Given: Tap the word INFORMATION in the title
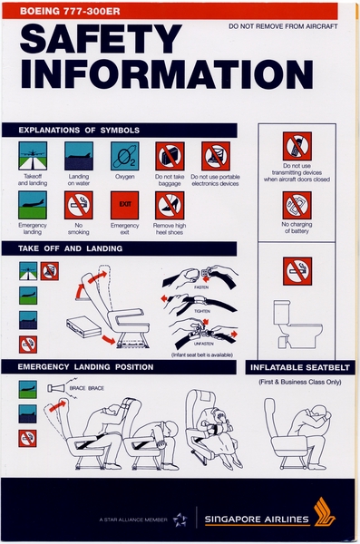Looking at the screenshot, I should click(x=153, y=75).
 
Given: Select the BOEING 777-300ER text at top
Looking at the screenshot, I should click(x=63, y=10).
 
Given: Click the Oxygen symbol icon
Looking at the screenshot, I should click(x=124, y=156).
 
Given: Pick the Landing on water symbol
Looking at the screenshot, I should click(x=79, y=156).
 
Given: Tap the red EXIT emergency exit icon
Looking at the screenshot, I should click(x=124, y=204).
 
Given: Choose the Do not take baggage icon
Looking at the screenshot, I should click(x=170, y=156).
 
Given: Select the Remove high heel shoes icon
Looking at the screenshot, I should click(x=170, y=204).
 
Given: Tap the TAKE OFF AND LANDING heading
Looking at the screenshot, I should click(x=63, y=248).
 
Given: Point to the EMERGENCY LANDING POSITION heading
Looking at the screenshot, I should click(x=86, y=367).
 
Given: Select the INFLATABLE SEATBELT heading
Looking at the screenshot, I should click(x=302, y=367).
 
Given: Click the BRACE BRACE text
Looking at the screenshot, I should click(x=88, y=388).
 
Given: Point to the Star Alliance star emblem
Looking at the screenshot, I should click(x=180, y=520).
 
